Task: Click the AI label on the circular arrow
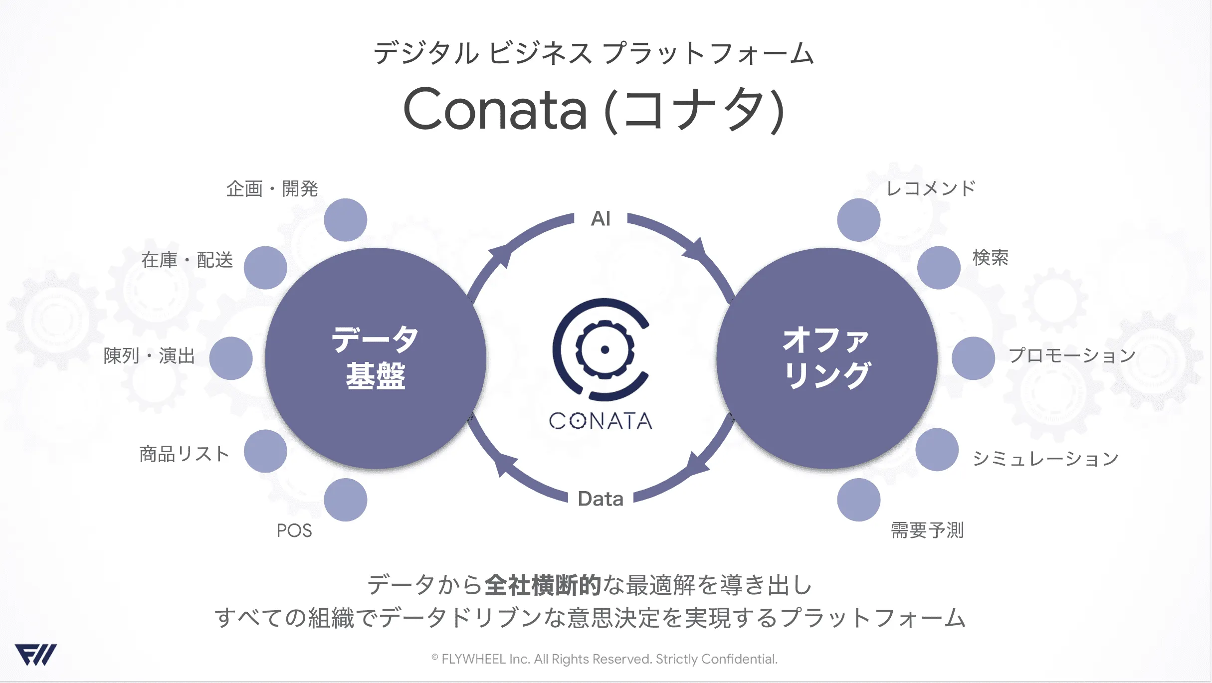601,218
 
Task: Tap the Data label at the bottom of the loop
601,499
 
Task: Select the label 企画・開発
272,189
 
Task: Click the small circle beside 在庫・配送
265,268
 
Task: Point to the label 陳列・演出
149,356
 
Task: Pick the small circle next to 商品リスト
265,451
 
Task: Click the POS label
294,530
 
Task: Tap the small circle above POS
346,500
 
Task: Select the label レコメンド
931,188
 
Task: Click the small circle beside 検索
939,268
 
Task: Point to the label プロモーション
1072,355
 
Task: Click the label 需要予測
927,530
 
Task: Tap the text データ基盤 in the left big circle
376,357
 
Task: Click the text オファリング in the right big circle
826,357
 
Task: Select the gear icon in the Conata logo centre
605,349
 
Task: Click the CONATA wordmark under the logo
601,421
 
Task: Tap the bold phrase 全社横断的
543,585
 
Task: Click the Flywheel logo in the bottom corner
35,655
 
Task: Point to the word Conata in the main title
495,109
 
